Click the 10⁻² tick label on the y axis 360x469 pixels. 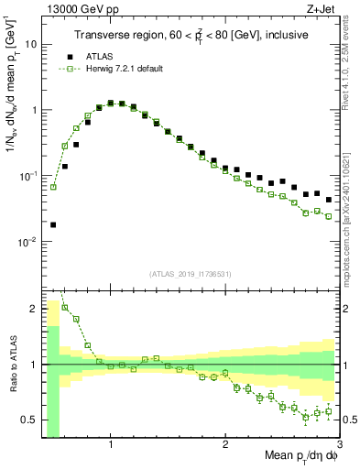28,242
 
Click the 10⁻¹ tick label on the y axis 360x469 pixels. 28,176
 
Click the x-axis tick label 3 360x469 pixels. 338,445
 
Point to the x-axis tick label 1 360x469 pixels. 111,445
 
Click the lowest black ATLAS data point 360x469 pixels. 53,224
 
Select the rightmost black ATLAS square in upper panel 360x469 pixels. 328,200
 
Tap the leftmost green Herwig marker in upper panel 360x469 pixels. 53,187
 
